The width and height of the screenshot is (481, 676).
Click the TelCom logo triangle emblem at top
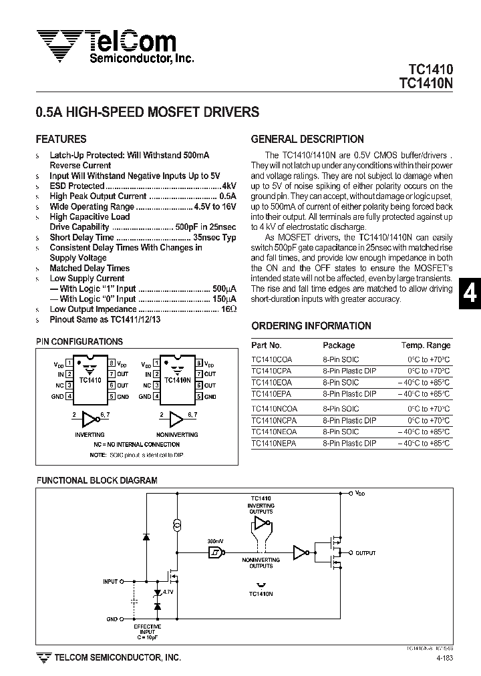(58, 43)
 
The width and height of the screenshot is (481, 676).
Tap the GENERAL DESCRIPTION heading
(307, 140)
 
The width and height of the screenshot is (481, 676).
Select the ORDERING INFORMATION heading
(311, 326)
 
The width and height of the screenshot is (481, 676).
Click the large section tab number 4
(470, 295)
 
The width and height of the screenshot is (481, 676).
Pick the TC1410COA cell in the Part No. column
(271, 359)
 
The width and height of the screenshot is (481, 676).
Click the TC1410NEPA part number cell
(274, 443)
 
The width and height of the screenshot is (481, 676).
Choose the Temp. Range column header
(426, 345)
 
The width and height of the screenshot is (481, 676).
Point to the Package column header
(339, 345)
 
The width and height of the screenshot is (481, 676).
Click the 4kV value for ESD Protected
(229, 186)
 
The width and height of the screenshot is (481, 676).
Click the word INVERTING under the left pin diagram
(90, 434)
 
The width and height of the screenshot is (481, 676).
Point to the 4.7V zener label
(168, 592)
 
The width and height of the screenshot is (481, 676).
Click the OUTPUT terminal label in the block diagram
(365, 553)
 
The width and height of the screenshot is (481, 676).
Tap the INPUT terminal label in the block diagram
(110, 582)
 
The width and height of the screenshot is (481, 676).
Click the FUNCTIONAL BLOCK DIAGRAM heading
(97, 480)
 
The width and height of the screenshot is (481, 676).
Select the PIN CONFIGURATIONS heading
(79, 341)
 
